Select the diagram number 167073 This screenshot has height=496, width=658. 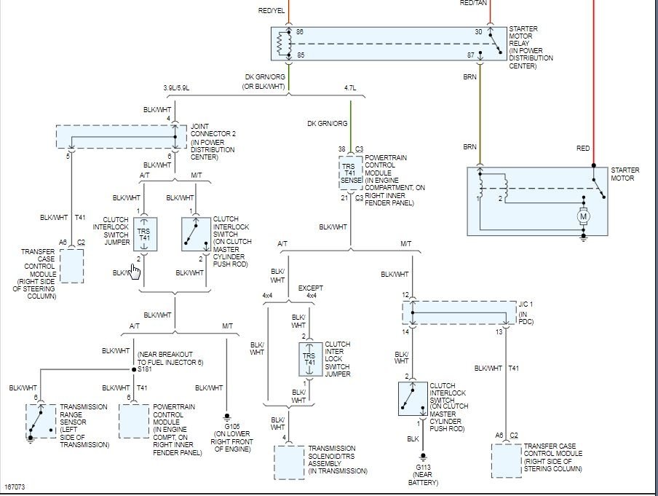15,486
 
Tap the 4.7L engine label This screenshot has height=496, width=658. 350,88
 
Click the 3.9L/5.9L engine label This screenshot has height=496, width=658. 177,88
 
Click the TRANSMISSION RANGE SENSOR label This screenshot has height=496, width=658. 84,421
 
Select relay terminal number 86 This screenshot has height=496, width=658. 299,32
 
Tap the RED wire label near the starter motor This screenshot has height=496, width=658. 583,149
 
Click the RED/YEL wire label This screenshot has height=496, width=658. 271,11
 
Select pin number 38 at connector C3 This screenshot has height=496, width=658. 341,149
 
